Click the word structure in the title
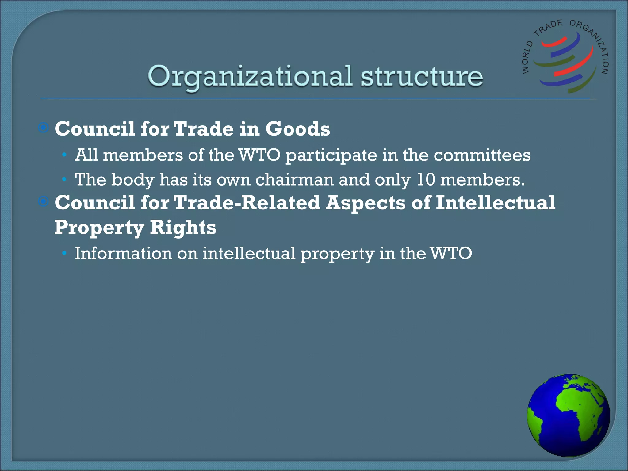(421, 76)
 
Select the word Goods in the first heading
(297, 129)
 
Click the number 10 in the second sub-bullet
(426, 180)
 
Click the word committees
(482, 155)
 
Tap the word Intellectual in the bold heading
(495, 203)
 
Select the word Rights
(183, 228)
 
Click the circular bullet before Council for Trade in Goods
(44, 128)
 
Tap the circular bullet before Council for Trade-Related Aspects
(44, 201)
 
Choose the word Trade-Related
(247, 203)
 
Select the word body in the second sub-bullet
(132, 180)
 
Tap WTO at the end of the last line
(451, 254)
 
